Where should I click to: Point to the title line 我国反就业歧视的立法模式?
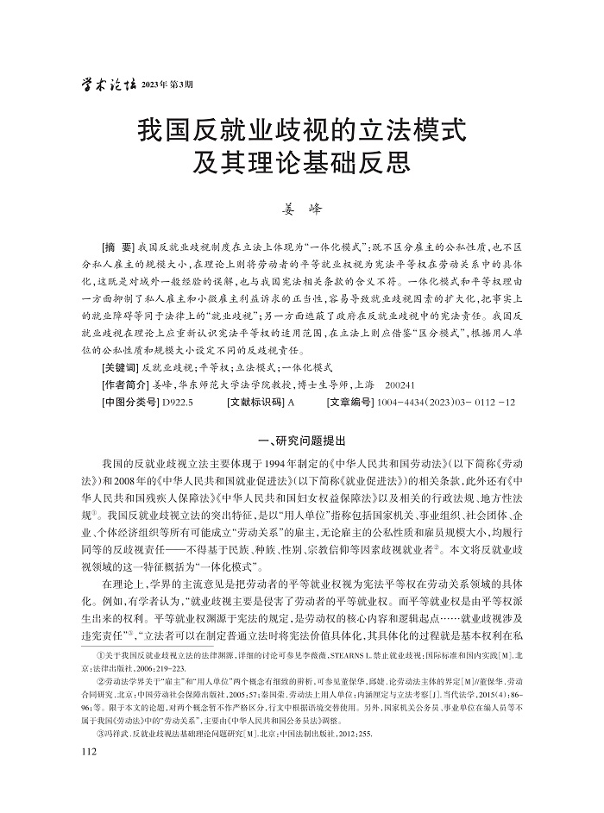click(301, 131)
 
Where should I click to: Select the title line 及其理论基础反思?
click(301, 163)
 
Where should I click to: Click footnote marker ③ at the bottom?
click(106, 733)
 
